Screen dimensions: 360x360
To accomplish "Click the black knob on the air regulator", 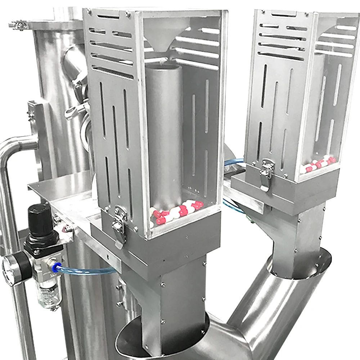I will click(x=40, y=218).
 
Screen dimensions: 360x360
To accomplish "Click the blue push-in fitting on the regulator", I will click(x=55, y=267).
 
